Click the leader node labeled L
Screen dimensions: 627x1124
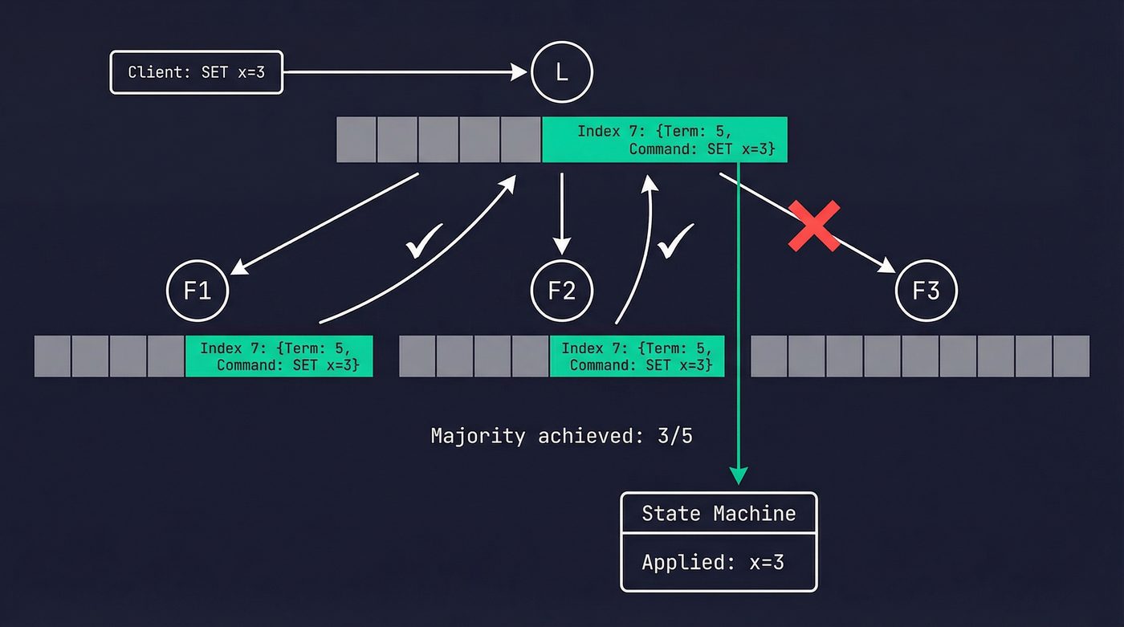[562, 73]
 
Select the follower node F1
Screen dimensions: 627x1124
[198, 290]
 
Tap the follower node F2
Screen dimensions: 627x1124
[562, 290]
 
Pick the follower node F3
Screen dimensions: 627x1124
[926, 290]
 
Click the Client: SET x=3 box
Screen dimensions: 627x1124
[197, 73]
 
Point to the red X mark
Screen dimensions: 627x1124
[814, 226]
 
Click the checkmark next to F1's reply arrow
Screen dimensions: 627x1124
[425, 240]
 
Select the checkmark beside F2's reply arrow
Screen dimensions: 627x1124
[675, 240]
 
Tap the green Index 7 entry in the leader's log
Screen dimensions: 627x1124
[665, 140]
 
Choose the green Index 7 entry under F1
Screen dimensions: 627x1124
[279, 356]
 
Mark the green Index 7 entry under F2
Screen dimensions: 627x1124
[637, 356]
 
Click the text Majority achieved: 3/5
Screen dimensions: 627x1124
[561, 436]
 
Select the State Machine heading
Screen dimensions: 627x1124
[719, 513]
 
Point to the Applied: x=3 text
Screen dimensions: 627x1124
[713, 562]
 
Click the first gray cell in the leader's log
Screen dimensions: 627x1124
[356, 140]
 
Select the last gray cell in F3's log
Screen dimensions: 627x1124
[1071, 356]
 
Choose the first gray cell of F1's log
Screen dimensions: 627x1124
[52, 356]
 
